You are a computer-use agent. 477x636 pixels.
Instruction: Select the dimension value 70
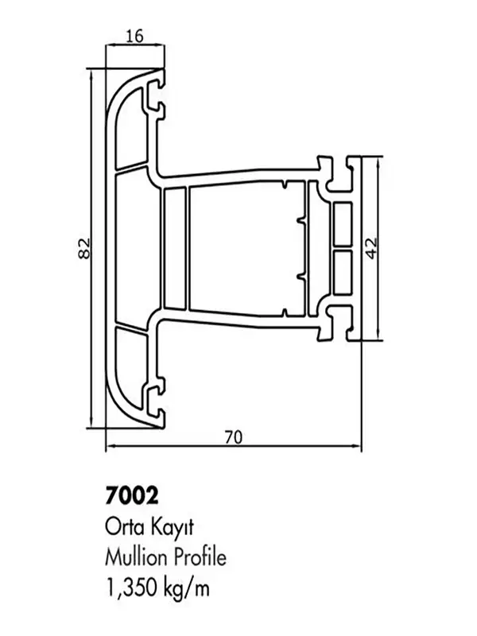point(232,436)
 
